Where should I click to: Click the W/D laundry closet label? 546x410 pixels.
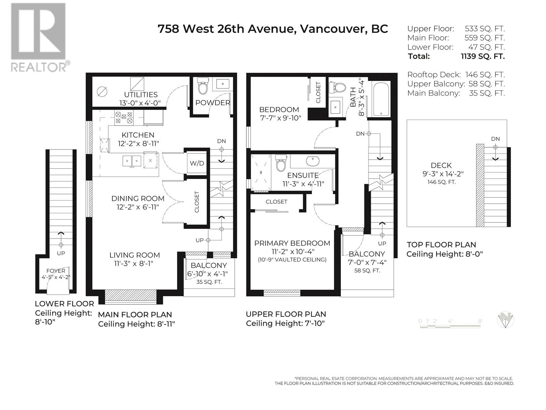point(197,163)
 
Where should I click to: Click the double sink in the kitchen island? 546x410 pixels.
point(132,161)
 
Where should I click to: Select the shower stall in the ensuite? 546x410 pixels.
point(261,172)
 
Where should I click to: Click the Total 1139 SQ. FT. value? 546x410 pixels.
point(482,56)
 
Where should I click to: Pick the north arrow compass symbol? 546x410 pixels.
point(505,320)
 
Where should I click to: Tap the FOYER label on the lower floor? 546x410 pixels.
point(56,271)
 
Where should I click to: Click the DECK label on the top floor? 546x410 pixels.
point(441,165)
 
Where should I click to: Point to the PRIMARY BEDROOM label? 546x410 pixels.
point(292,243)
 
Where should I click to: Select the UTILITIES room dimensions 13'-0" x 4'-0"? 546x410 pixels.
point(140,103)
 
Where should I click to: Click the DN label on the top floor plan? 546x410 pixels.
point(495,139)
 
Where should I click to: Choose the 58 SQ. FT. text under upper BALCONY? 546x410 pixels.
point(367,271)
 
